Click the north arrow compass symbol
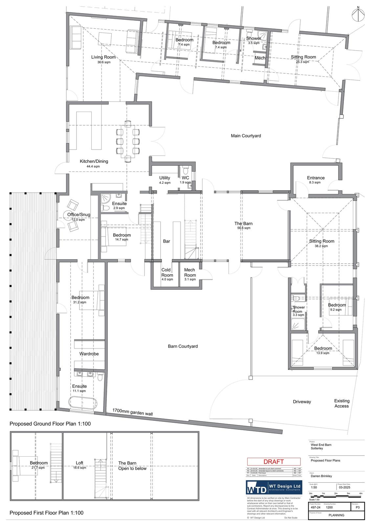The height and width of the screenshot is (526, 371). click(x=358, y=14)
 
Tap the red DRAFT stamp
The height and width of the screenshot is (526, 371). click(x=274, y=462)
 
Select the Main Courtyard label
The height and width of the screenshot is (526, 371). click(x=246, y=135)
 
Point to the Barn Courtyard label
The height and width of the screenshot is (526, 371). click(x=183, y=346)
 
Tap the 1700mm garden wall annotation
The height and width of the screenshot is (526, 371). click(x=132, y=412)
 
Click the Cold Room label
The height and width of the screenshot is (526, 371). click(x=167, y=273)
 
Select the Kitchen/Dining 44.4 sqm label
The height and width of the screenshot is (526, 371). click(x=94, y=163)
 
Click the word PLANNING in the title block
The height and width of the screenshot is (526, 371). click(x=336, y=515)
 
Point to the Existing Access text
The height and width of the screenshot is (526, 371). click(x=341, y=403)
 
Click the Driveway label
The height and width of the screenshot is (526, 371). click(x=302, y=401)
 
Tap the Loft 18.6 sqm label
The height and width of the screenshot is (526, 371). click(x=79, y=465)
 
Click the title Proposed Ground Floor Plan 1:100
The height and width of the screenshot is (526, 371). click(x=50, y=424)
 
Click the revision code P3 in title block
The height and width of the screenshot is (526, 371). click(x=357, y=507)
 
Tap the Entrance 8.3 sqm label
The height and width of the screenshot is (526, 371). click(x=316, y=179)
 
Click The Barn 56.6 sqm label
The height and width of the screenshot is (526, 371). click(x=243, y=225)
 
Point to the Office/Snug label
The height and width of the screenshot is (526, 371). click(x=78, y=217)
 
